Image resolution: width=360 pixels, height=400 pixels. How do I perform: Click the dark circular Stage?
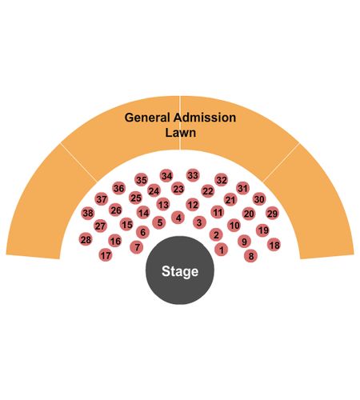click(x=180, y=270)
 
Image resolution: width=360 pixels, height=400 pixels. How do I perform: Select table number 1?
click(x=222, y=250)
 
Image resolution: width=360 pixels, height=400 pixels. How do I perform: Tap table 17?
click(x=106, y=255)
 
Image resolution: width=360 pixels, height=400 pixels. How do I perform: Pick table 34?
click(x=166, y=176)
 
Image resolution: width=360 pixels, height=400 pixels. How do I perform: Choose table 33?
click(x=193, y=175)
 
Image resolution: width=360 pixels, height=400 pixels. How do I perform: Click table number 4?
click(x=178, y=218)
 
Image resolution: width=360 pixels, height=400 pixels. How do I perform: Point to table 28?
click(x=86, y=239)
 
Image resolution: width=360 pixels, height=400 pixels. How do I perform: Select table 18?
click(x=274, y=245)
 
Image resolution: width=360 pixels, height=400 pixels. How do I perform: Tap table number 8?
click(x=250, y=256)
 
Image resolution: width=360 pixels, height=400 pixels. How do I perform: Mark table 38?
click(x=88, y=213)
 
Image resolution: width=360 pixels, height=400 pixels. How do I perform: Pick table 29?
click(x=272, y=214)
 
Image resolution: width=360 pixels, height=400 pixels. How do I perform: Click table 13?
click(x=163, y=205)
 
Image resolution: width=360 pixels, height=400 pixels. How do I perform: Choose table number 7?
click(x=137, y=247)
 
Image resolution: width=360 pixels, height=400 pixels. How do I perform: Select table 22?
click(x=208, y=191)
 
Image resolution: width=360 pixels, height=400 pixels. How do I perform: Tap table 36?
click(x=118, y=188)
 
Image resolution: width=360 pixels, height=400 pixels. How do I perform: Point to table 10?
click(x=234, y=226)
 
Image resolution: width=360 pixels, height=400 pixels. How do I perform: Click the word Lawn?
click(x=181, y=133)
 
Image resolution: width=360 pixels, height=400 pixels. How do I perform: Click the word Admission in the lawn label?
click(x=205, y=118)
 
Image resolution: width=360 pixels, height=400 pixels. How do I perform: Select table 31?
click(x=242, y=188)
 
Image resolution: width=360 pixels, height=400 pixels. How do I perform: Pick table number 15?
click(x=126, y=224)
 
